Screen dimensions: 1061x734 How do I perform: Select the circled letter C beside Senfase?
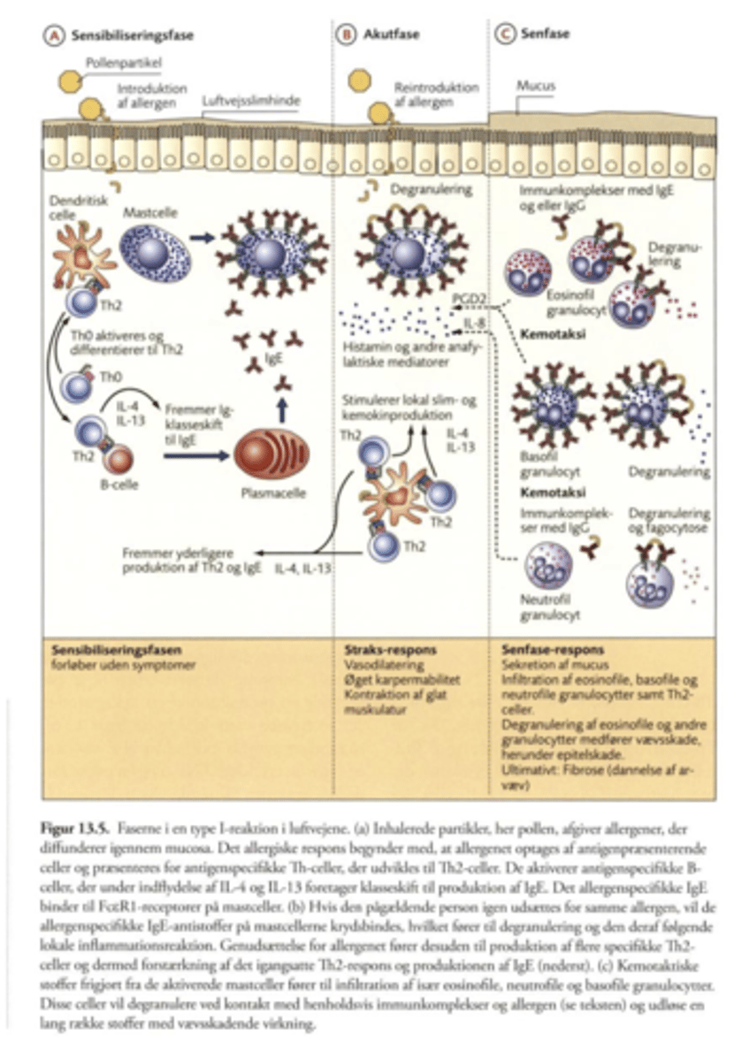(503, 34)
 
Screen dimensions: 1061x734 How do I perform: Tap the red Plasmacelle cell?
(268, 452)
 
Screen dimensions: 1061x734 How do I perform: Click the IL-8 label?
(474, 325)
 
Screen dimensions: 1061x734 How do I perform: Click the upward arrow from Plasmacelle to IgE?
(280, 406)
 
